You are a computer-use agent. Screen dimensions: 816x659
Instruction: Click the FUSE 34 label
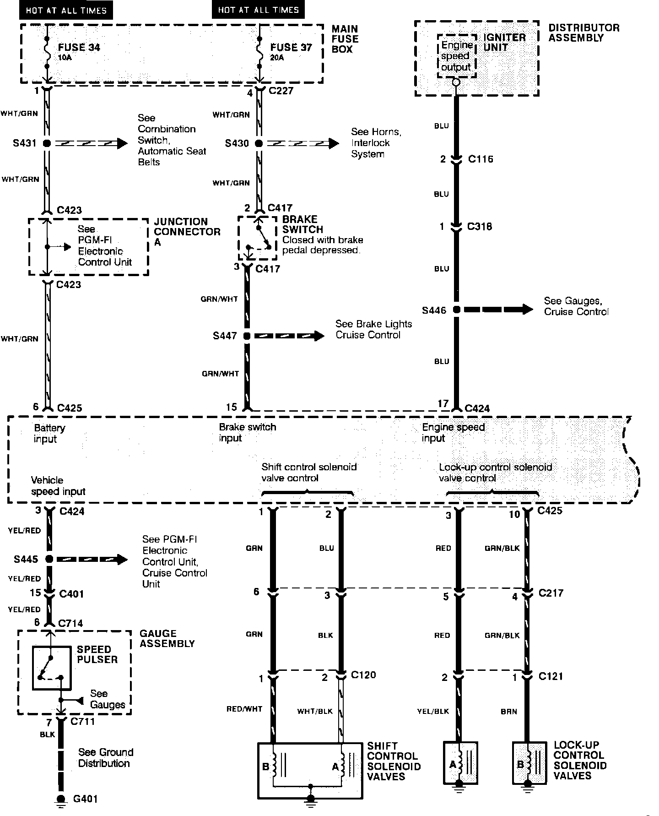coord(79,47)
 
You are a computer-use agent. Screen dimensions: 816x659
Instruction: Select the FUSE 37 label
coord(291,47)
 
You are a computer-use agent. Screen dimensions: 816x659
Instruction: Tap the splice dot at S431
coord(46,143)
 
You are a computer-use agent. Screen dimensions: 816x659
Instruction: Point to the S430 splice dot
coord(259,143)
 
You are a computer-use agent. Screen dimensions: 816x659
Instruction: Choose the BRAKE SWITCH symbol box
coord(258,238)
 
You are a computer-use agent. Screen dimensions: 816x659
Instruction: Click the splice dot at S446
coord(456,310)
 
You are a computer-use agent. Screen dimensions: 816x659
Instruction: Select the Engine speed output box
coord(456,56)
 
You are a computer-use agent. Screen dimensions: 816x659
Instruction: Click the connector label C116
coord(481,159)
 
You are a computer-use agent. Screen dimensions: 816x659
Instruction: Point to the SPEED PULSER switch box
coord(51,668)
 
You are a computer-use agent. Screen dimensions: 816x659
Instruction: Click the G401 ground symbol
coord(60,799)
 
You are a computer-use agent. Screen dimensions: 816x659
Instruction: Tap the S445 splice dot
coord(49,559)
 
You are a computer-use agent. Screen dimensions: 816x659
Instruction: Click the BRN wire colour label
coord(508,712)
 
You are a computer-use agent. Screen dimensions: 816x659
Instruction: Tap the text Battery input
coord(49,434)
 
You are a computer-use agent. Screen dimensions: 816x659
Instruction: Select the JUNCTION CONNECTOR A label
coord(186,232)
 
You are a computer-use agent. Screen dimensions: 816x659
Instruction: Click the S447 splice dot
coord(247,336)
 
